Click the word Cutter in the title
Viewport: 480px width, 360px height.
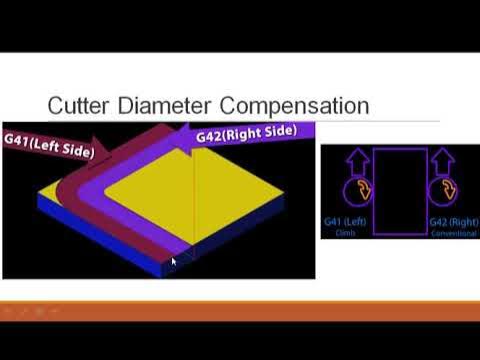(81, 105)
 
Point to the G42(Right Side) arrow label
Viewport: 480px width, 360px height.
(250, 133)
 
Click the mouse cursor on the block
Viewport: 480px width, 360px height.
(172, 262)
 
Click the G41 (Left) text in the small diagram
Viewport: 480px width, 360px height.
(347, 221)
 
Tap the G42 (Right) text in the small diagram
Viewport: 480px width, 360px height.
(453, 221)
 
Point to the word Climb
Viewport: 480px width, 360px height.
(347, 232)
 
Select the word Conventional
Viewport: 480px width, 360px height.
(453, 232)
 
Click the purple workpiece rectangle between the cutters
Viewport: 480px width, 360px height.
(400, 191)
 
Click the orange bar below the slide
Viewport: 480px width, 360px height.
(240, 310)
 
